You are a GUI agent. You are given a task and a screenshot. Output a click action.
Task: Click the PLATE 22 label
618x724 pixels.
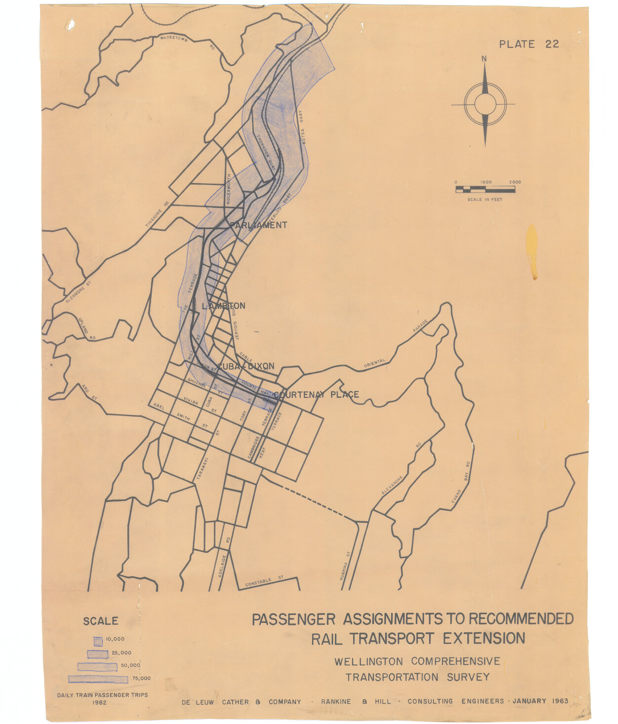529,44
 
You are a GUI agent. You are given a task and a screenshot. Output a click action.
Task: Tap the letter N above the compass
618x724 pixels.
484,59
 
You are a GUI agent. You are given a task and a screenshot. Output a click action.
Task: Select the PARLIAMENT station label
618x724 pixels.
259,225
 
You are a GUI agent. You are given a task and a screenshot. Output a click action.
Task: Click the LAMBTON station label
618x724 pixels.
223,306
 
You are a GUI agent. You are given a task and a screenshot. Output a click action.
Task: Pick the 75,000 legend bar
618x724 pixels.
99,679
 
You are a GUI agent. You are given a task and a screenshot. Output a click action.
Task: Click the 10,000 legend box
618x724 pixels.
98,641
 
